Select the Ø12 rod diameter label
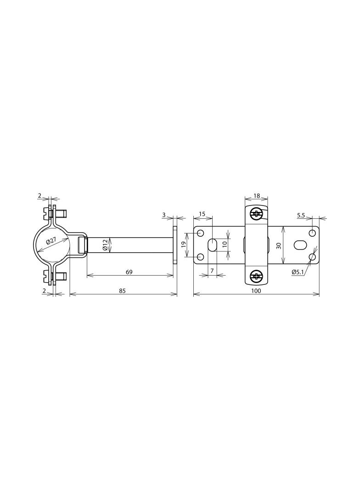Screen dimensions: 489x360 pos(105,245)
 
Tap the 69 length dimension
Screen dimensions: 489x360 pos(129,272)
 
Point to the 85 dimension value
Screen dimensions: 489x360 pos(122,291)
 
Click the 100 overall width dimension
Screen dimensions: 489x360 pos(256,291)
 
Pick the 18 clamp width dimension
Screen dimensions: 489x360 pos(256,196)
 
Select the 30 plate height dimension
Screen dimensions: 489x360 pos(278,245)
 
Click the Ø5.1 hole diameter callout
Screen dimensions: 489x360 pos(298,272)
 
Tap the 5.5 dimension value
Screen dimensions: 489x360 pos(301,215)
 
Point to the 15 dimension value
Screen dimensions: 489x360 pos(202,215)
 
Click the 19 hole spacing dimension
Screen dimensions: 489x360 pos(183,245)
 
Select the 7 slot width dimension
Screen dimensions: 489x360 pos(212,272)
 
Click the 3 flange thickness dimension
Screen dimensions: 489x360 pos(164,215)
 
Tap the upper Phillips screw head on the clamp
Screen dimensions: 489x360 pos(256,213)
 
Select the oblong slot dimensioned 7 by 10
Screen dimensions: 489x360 pos(212,245)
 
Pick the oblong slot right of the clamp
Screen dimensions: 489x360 pos(299,245)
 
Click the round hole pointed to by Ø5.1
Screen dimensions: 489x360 pos(313,257)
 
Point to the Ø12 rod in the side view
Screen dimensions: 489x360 pos(138,245)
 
